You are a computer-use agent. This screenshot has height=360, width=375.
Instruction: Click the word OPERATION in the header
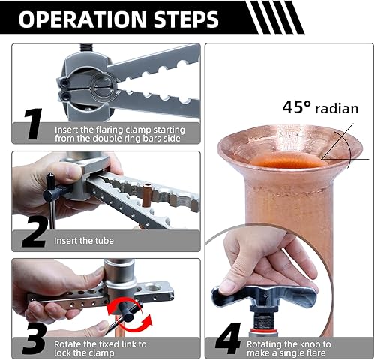(x=82, y=19)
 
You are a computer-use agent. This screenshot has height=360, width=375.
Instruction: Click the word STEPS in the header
(x=186, y=19)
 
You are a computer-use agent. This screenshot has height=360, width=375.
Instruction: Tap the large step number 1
(x=33, y=124)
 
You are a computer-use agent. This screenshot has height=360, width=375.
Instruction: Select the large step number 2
(x=34, y=232)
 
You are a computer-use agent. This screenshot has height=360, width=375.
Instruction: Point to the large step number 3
(x=34, y=338)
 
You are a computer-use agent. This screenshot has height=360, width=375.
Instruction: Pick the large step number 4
(x=228, y=338)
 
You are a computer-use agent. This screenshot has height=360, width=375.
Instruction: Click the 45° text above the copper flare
(x=297, y=107)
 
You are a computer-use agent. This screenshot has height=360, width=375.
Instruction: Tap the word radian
(x=337, y=109)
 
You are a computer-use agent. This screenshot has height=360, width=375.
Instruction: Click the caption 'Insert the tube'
(x=84, y=241)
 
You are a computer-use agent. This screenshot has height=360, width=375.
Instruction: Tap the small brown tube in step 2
(x=146, y=196)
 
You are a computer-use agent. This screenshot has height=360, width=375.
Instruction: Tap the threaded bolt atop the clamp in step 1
(x=86, y=48)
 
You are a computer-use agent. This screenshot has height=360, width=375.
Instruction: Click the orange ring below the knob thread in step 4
(x=263, y=331)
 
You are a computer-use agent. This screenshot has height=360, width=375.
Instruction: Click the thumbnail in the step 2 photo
(x=73, y=172)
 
